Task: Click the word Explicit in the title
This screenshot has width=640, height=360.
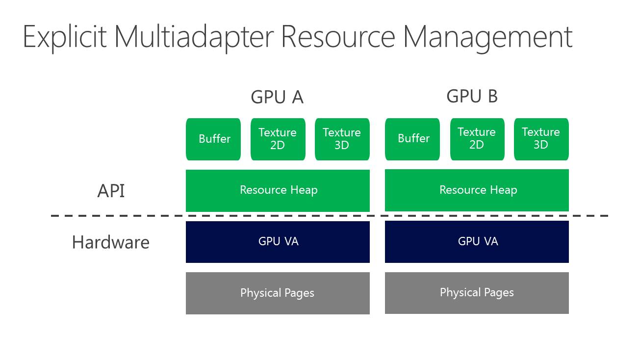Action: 64,37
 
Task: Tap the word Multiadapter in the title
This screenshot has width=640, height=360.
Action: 194,37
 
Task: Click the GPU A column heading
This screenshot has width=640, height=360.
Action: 277,97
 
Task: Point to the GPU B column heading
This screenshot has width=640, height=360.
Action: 472,96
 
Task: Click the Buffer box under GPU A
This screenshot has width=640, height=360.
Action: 213,139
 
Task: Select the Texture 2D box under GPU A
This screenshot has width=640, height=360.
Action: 278,139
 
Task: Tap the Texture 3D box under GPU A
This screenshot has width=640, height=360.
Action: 342,139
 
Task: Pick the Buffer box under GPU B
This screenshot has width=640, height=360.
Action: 412,139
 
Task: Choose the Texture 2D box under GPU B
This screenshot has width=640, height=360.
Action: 477,139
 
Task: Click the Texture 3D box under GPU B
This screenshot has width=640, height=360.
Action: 541,139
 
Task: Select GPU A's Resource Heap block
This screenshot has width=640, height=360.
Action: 278,190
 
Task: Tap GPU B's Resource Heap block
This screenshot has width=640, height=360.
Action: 477,190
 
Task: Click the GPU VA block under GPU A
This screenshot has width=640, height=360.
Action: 278,242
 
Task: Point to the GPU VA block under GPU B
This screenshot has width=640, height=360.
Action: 477,241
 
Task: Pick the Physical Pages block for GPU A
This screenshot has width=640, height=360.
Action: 278,293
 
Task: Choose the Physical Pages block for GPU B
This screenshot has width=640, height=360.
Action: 477,292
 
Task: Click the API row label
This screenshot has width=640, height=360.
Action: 111,191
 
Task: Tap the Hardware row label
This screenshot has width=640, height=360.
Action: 110,242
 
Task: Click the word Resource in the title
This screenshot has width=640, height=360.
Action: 338,37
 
